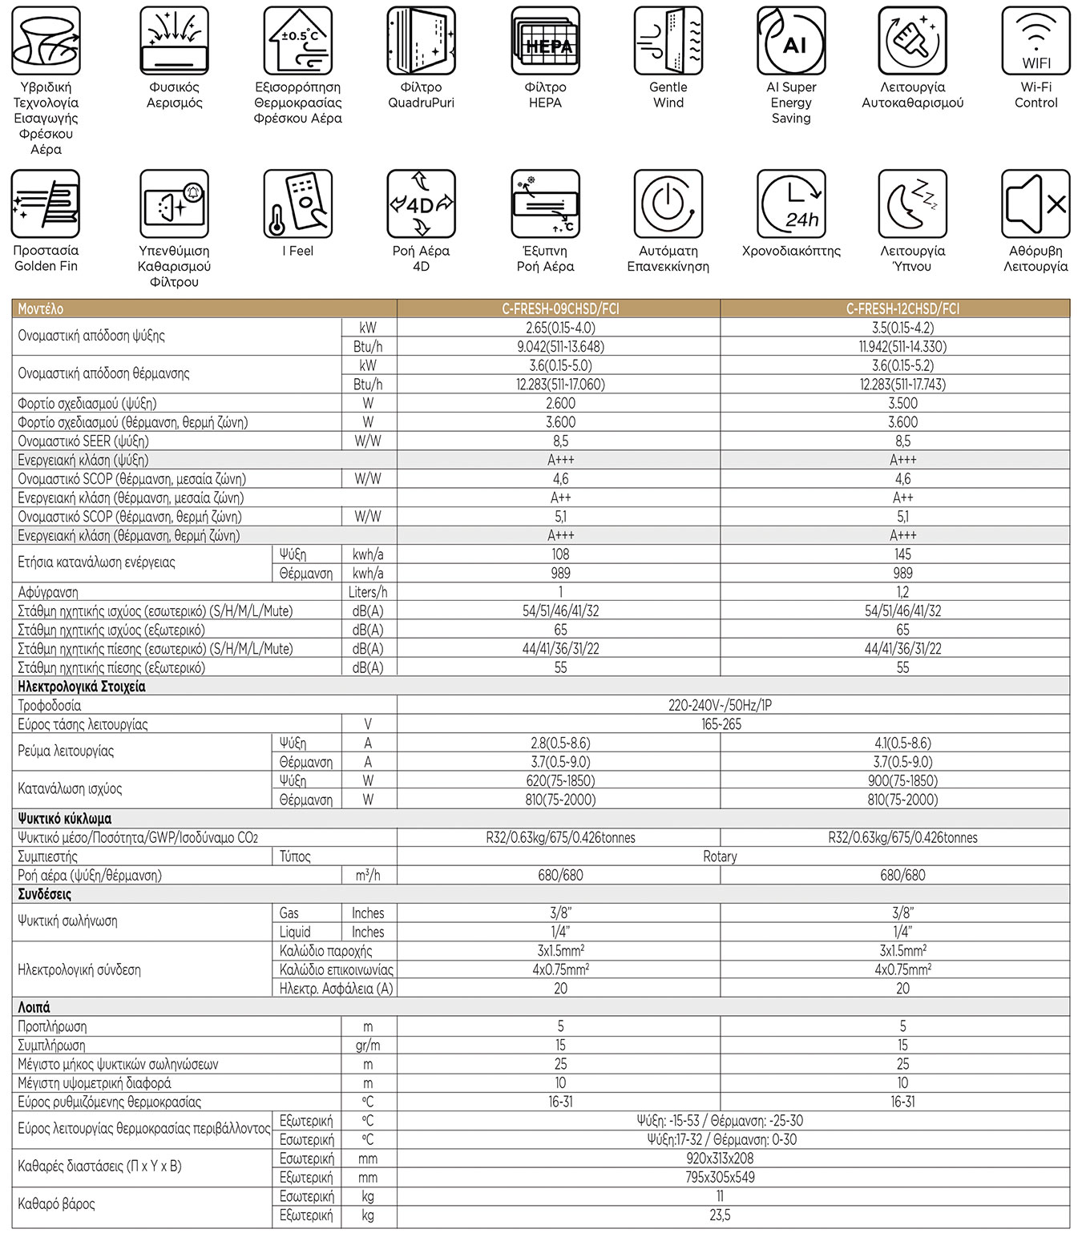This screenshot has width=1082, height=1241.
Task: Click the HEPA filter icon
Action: coord(545,42)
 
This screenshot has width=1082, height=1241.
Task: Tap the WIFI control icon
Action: coord(1036,42)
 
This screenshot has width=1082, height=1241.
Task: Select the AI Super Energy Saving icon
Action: coord(791,42)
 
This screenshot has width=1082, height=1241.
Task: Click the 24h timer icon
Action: coord(791,203)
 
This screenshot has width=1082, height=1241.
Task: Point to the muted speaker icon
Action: coord(1036,203)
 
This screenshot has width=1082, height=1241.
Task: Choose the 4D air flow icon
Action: coord(421,203)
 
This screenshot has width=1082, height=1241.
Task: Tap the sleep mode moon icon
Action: coord(912,203)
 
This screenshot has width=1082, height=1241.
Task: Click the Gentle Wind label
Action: coord(668,95)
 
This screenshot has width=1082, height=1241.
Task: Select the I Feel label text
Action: coord(297,251)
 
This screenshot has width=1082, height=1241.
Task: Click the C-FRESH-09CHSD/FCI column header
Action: coord(560,308)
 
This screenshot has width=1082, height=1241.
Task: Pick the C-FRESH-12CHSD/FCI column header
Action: coord(902,308)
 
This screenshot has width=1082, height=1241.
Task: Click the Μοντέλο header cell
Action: coord(41,308)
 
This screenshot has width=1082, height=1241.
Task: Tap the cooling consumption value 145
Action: coord(902,554)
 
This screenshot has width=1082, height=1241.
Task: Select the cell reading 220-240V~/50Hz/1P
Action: coord(720,706)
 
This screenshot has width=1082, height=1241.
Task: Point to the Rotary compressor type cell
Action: coord(720,856)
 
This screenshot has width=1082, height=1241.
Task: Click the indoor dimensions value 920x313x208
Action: coord(720,1158)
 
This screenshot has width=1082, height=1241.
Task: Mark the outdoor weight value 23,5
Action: coord(720,1215)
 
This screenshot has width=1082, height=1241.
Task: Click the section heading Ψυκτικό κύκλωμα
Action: coord(65,819)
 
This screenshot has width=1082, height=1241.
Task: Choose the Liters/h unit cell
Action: coord(368,592)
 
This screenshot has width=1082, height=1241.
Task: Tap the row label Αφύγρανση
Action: coord(48,592)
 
